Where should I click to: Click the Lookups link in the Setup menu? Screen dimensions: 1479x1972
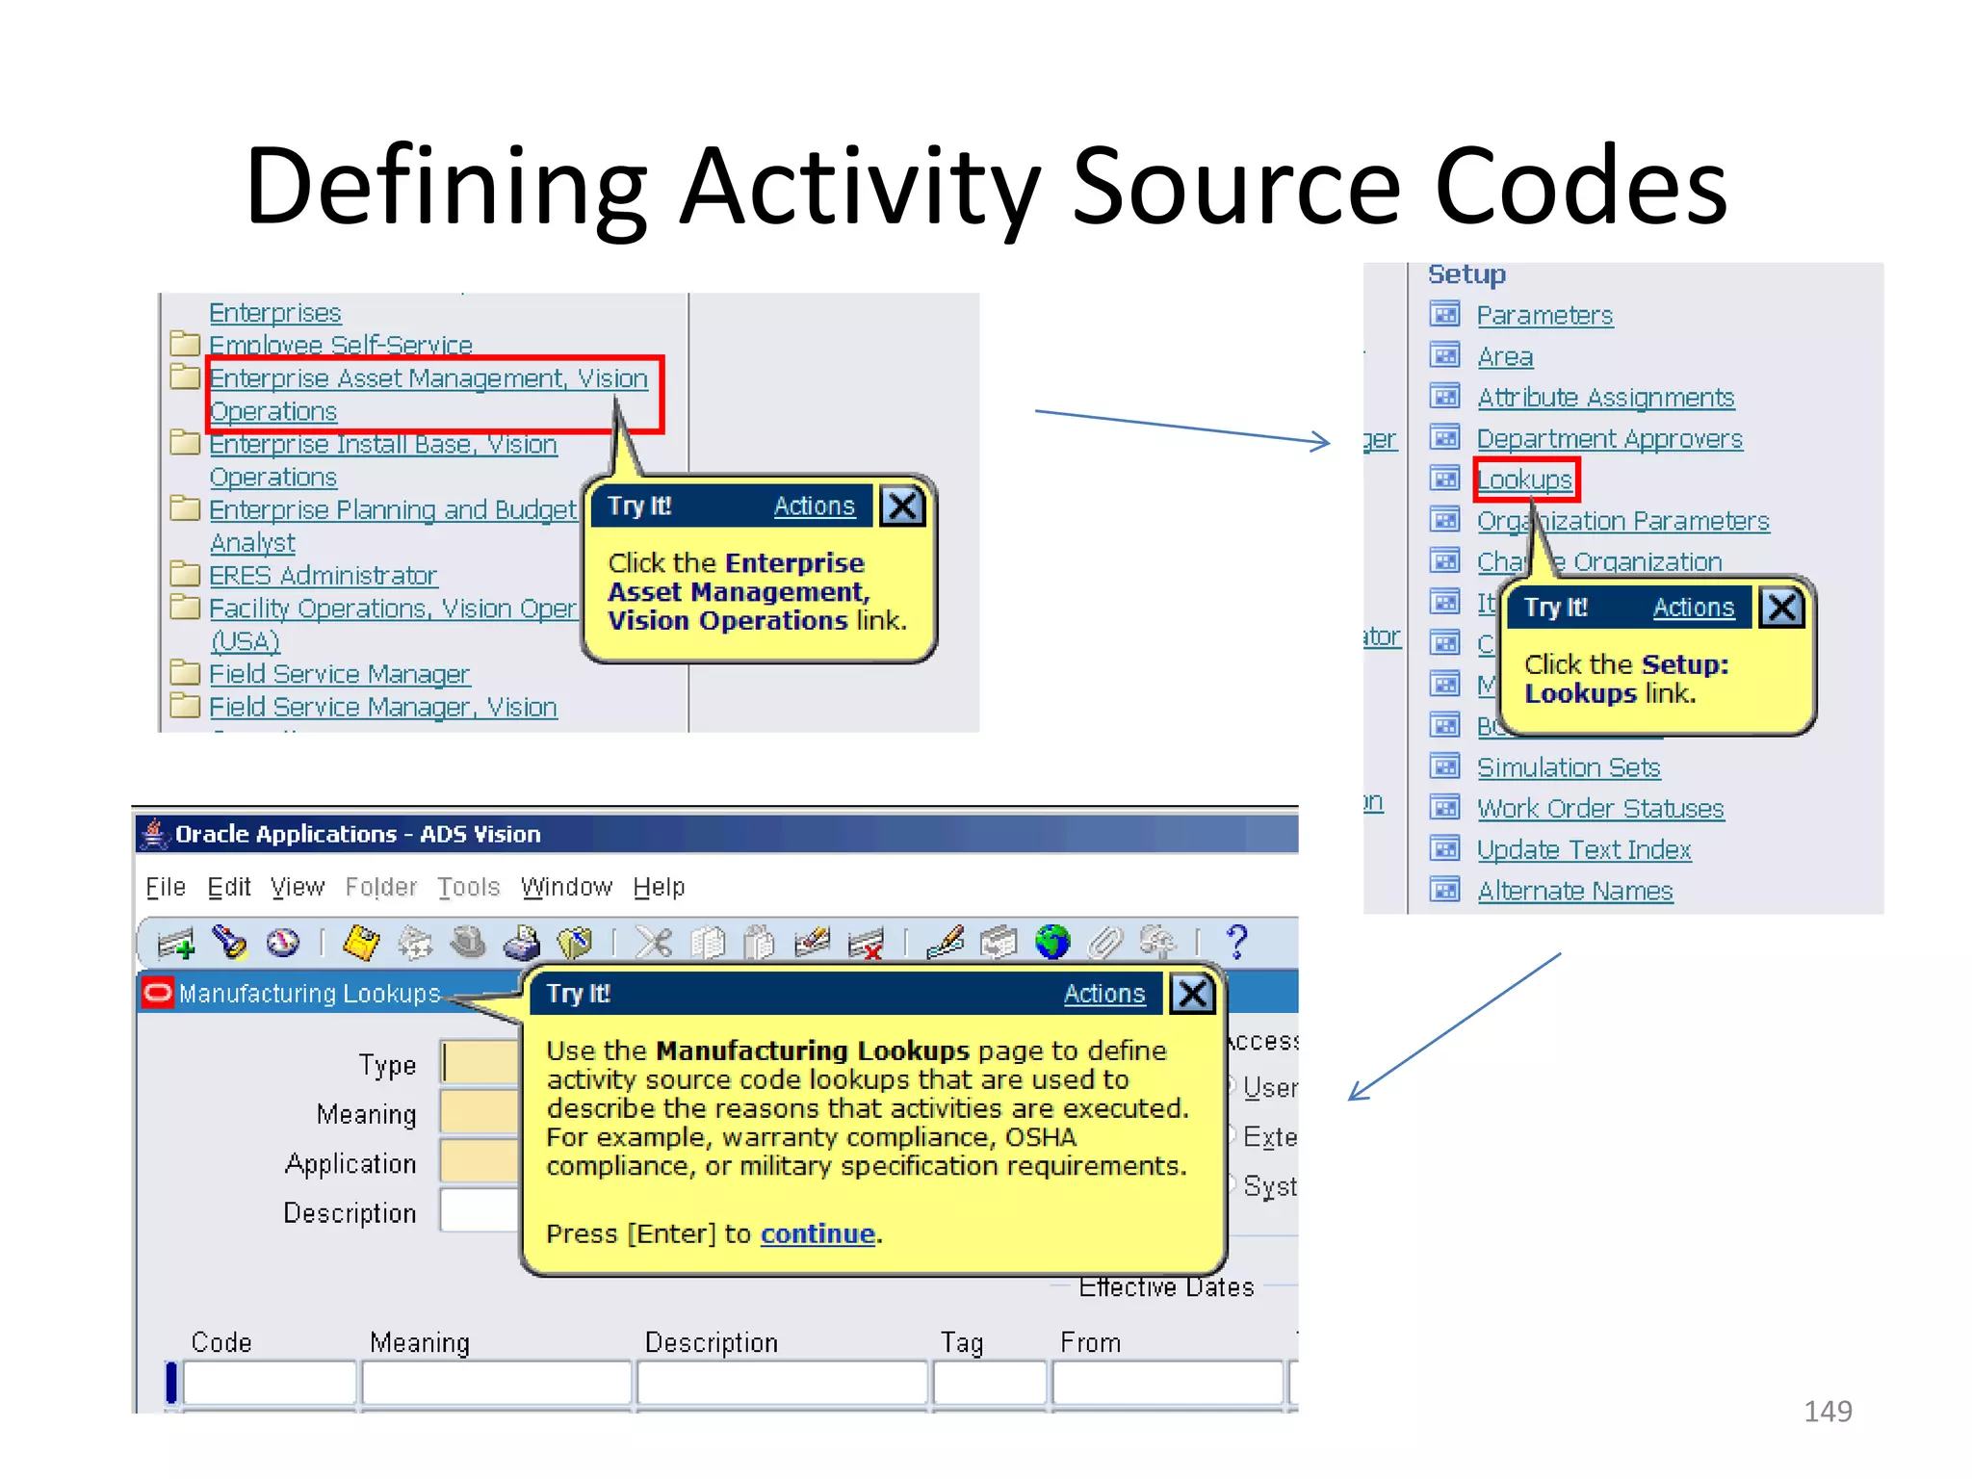(x=1523, y=480)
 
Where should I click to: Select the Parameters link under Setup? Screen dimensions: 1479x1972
(x=1544, y=316)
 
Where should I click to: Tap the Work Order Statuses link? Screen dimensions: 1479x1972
(x=1599, y=809)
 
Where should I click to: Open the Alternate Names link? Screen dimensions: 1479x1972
(x=1574, y=892)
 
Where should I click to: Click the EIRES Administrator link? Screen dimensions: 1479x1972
(x=323, y=576)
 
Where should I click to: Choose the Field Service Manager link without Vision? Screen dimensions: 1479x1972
(x=339, y=674)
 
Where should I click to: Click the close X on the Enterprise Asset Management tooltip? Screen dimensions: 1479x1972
(x=902, y=506)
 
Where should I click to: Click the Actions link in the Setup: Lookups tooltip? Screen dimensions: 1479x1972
(x=1693, y=608)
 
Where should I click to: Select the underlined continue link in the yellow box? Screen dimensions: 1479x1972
(x=817, y=1233)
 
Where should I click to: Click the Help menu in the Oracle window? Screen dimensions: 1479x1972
(x=659, y=887)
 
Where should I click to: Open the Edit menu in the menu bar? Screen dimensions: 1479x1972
(x=229, y=887)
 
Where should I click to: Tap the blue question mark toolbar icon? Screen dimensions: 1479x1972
(x=1236, y=942)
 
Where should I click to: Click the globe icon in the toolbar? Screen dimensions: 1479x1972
(x=1052, y=942)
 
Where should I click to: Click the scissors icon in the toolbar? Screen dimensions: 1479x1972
(x=654, y=942)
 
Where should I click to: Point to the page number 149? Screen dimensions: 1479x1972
(x=1827, y=1411)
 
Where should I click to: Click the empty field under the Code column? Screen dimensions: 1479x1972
(x=270, y=1384)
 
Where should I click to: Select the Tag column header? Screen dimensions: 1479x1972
(x=961, y=1342)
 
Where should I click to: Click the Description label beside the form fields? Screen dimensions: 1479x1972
(x=350, y=1213)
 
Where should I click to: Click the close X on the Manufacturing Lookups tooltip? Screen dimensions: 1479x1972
(x=1192, y=994)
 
